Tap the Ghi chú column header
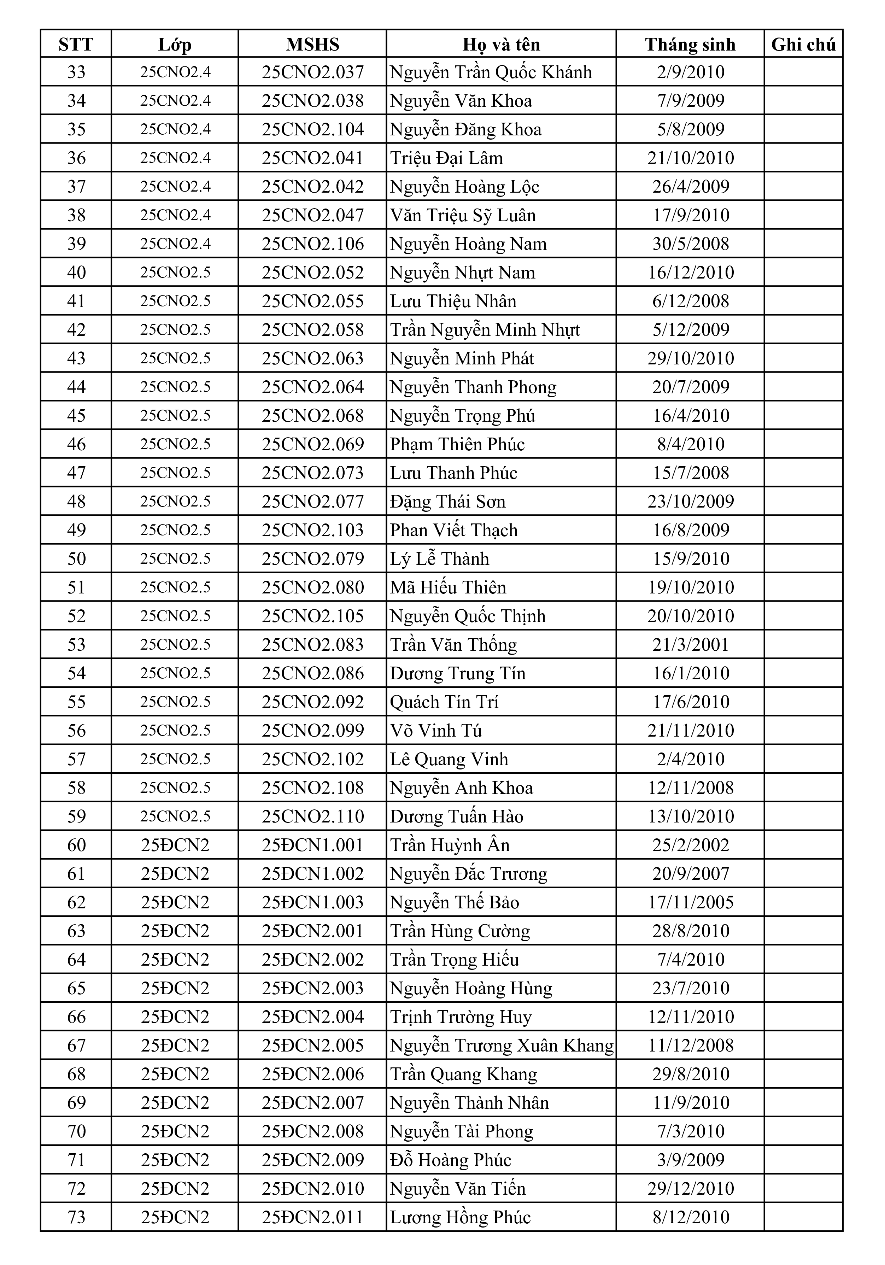tap(803, 44)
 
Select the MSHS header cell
tap(312, 44)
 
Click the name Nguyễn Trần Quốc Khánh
tap(491, 72)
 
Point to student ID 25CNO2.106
tap(312, 244)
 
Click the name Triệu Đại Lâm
tap(446, 158)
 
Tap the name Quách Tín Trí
tap(444, 701)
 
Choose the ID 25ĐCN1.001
tap(312, 845)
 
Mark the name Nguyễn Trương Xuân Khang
tap(502, 1045)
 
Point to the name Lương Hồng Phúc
tap(460, 1217)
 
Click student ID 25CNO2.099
tap(312, 730)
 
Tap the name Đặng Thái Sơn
tap(447, 502)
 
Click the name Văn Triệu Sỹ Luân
tap(463, 215)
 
